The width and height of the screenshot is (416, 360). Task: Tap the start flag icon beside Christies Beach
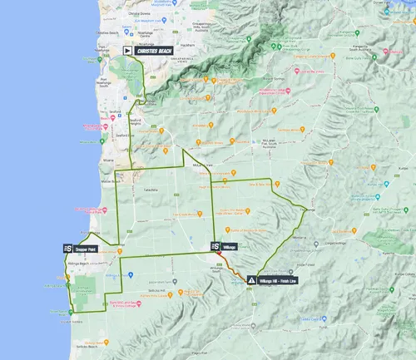tap(128, 50)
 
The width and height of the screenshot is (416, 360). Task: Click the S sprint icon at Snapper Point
tap(67, 248)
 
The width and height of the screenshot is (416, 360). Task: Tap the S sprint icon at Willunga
tap(215, 247)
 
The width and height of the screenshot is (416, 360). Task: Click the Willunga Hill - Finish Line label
tap(278, 281)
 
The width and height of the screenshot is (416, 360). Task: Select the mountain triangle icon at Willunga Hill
tap(251, 281)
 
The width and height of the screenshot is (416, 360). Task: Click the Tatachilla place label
tap(151, 189)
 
